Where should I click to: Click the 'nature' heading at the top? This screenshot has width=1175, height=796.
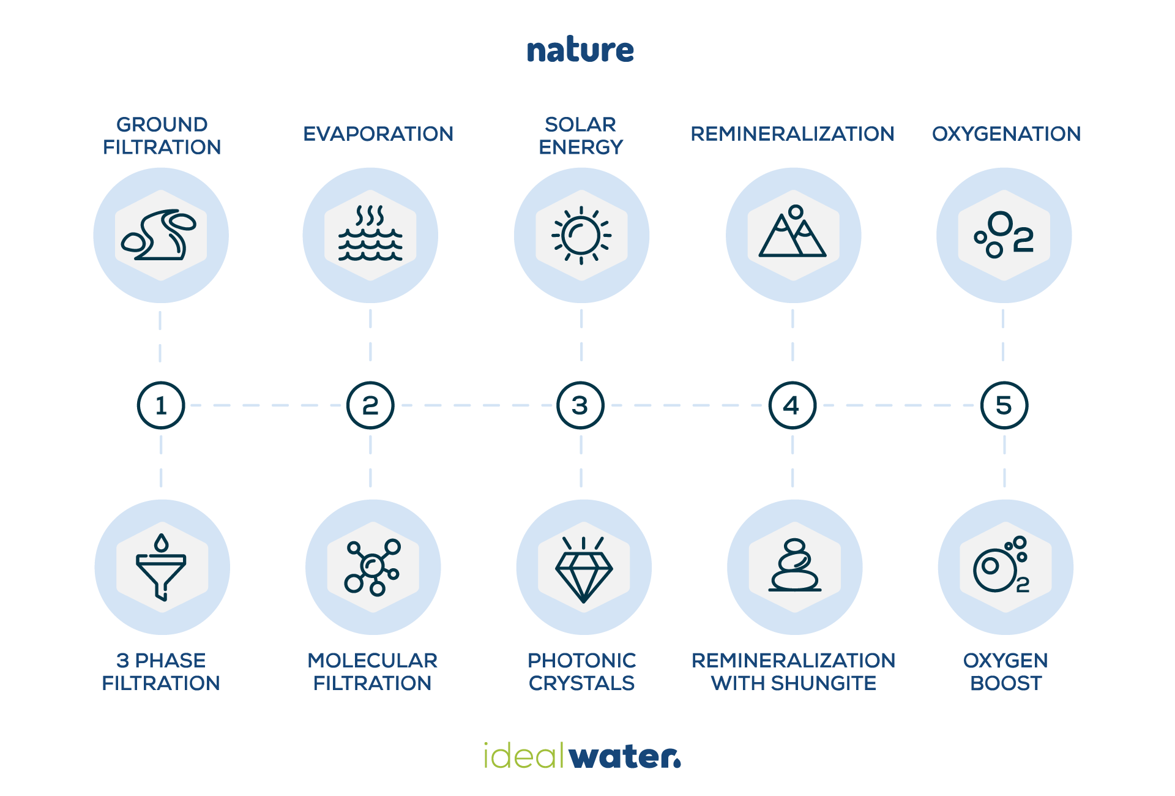[x=580, y=50]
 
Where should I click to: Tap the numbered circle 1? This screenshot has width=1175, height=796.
[x=161, y=405]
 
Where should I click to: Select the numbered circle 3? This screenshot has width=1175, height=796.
[x=580, y=405]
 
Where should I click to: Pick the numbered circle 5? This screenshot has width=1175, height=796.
[x=1004, y=405]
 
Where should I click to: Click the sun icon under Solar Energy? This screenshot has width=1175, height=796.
[x=581, y=235]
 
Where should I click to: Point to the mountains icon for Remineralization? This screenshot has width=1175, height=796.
[x=793, y=233]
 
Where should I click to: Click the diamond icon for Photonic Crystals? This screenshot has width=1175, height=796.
[x=584, y=569]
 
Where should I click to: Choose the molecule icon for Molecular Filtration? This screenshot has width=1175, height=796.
[x=373, y=567]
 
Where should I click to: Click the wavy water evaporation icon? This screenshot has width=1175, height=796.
[x=370, y=235]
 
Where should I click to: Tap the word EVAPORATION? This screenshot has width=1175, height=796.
[x=378, y=134]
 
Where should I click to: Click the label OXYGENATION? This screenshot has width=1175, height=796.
[x=1006, y=134]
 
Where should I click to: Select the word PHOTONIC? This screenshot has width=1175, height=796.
[x=581, y=661]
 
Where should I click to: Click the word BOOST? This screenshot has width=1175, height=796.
[x=1005, y=683]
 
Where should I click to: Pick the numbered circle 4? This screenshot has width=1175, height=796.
[x=792, y=405]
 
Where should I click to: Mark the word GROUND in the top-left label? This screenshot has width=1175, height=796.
[x=162, y=125]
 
